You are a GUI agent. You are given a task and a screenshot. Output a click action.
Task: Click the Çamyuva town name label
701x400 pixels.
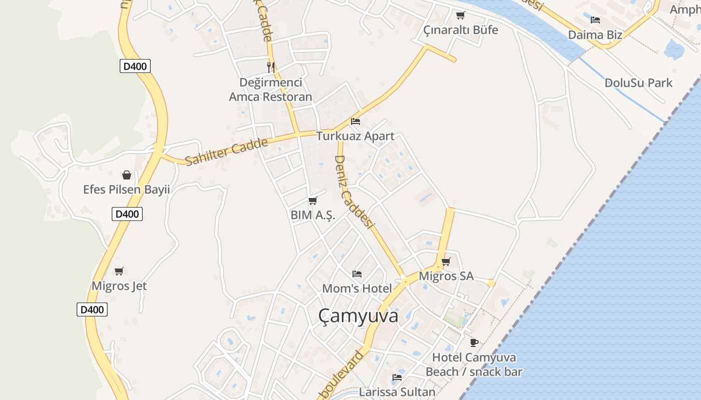(359, 316)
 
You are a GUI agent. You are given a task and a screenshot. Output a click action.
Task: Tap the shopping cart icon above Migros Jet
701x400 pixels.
(119, 271)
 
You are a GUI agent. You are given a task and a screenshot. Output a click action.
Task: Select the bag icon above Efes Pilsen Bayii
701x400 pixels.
(127, 175)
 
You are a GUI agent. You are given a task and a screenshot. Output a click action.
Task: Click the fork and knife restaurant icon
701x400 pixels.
(271, 67)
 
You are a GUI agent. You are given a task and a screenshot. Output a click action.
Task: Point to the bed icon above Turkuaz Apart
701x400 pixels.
(356, 121)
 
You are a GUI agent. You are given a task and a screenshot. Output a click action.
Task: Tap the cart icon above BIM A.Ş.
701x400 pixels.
(313, 201)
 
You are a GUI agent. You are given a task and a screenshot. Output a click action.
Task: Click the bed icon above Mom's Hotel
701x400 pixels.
(357, 273)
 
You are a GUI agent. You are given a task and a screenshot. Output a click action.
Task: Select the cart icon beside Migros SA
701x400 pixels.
(446, 261)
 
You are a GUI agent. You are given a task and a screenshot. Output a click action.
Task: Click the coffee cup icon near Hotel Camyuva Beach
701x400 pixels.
(474, 342)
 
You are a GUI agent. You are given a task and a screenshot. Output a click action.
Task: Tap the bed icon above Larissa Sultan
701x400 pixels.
(397, 377)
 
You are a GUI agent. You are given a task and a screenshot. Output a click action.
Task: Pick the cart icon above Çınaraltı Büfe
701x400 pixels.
(461, 15)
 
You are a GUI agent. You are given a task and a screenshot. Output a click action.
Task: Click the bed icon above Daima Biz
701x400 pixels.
(595, 20)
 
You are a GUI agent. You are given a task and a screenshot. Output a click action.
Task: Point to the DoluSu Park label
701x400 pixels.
(638, 82)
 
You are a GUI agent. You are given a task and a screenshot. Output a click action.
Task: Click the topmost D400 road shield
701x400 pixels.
(135, 66)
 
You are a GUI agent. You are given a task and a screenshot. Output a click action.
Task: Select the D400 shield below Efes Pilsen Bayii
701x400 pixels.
(127, 214)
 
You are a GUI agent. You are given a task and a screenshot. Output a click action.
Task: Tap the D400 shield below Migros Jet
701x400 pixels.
(92, 309)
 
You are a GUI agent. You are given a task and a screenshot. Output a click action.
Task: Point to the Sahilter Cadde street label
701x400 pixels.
(226, 151)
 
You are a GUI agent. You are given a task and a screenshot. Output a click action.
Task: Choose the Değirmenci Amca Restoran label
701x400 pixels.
(270, 89)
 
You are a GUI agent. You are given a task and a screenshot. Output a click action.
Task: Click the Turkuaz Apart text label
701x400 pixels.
(356, 136)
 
